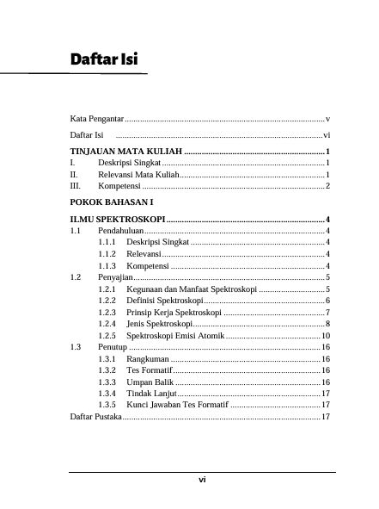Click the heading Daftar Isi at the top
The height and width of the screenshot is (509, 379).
106,59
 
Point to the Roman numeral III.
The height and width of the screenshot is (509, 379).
76,185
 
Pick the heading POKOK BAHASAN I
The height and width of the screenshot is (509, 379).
111,202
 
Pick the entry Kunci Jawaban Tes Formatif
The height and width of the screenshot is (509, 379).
177,404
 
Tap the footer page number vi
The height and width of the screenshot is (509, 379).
201,480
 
